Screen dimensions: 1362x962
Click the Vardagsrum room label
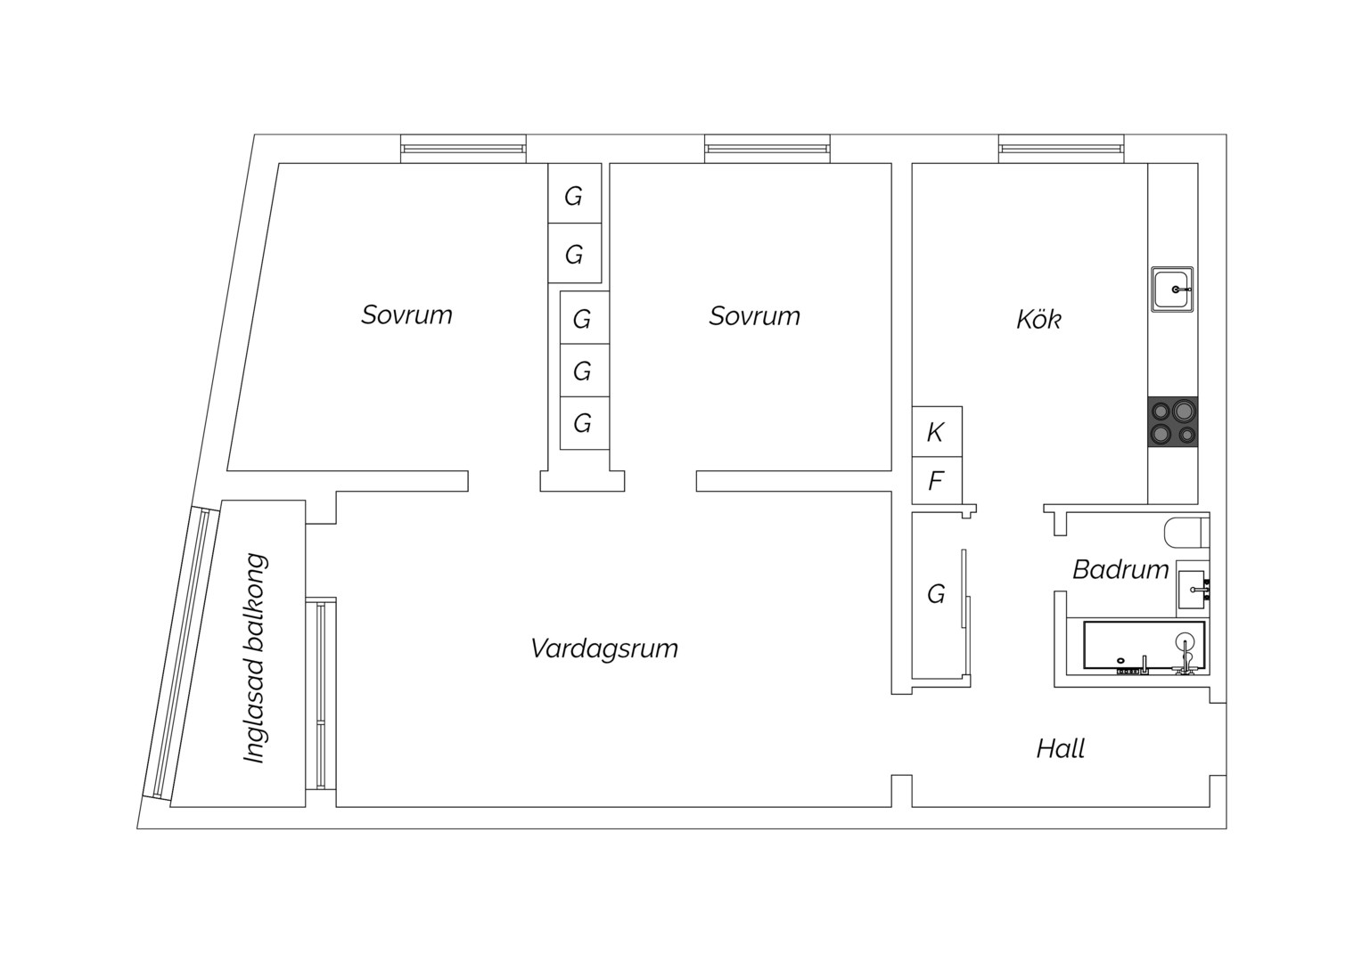click(603, 649)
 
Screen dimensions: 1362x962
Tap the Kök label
click(1038, 320)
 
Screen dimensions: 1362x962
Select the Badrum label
click(1120, 570)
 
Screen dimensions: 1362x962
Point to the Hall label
click(1061, 749)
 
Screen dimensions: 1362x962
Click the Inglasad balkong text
click(255, 658)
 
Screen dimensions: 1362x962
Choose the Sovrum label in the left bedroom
click(406, 314)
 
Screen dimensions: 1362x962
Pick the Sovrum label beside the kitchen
click(755, 316)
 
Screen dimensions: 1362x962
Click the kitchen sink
click(1171, 289)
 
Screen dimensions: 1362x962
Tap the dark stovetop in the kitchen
click(1173, 421)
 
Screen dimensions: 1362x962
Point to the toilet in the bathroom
click(1187, 533)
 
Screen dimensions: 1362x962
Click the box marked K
click(937, 431)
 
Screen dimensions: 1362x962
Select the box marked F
click(937, 481)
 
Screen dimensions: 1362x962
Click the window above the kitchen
click(1061, 149)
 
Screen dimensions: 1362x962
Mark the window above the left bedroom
click(464, 149)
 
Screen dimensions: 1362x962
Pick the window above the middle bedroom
click(767, 149)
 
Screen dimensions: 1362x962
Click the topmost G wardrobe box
click(575, 193)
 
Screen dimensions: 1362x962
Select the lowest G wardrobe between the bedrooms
click(585, 424)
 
